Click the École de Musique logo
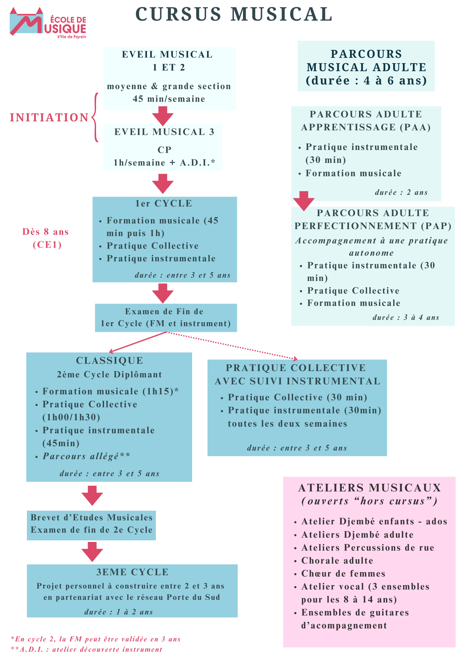pos(48,23)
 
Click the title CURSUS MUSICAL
pos(234,14)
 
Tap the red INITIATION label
pos(49,117)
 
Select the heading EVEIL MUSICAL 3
pos(164,132)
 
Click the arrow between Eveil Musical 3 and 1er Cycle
pos(163,183)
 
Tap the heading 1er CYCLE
pos(164,203)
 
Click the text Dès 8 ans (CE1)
pos(46,238)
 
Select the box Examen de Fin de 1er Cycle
pos(166,318)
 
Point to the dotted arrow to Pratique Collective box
pos(233,346)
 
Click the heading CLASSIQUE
pos(109,360)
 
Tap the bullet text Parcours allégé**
pos(86,456)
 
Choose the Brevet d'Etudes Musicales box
pos(91,524)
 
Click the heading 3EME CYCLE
pos(132,572)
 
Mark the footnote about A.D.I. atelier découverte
pos(86,649)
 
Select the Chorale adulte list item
pos(337,561)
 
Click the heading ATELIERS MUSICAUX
pos(369,488)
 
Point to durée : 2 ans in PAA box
pos(401,193)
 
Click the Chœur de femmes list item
pos(343,574)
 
